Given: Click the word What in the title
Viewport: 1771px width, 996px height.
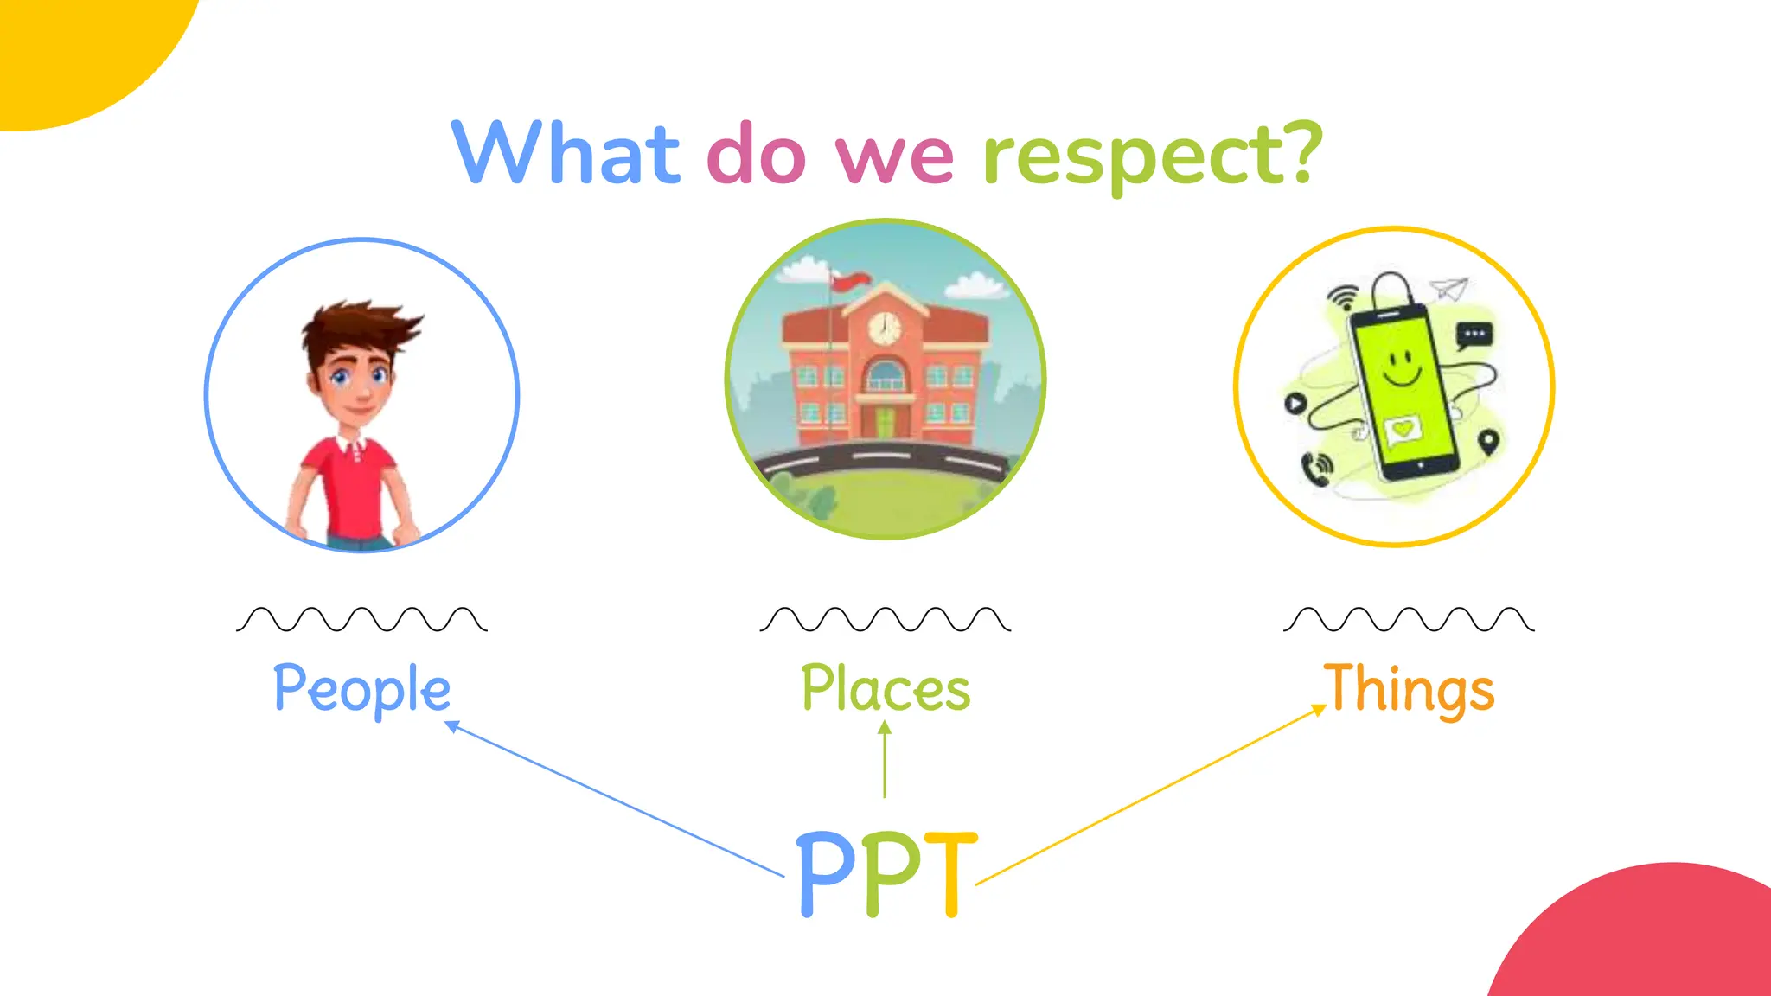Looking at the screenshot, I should click(566, 153).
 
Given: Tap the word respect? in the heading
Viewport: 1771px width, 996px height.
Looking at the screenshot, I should click(1153, 156).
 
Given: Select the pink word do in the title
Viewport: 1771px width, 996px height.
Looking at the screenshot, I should click(756, 156).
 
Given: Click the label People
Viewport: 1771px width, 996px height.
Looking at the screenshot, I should click(361, 689).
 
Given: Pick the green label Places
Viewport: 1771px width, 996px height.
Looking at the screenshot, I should click(885, 689).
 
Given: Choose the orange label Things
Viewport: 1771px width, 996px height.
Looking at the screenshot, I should click(1410, 689).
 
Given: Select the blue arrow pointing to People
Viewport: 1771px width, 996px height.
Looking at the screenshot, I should click(614, 800).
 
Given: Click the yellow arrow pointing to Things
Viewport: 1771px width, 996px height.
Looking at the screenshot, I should click(1150, 795).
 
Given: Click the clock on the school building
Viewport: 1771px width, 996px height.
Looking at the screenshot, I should click(884, 328).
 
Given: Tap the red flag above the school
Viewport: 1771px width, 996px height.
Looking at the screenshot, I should click(851, 279).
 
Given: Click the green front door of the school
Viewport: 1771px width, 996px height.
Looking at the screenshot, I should click(884, 423).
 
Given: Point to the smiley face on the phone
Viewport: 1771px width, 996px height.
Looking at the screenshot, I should click(1401, 367).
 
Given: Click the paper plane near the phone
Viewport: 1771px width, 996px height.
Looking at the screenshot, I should click(1449, 288).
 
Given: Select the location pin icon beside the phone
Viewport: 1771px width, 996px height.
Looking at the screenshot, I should click(1487, 442).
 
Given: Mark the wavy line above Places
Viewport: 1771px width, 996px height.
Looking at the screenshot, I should click(885, 619).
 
